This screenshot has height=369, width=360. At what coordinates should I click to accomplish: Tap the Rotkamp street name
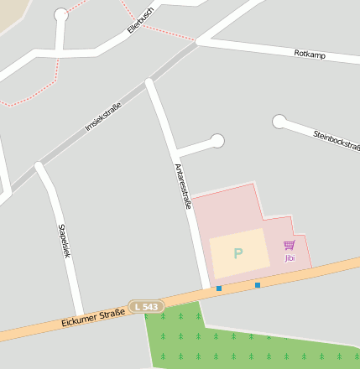click(310, 55)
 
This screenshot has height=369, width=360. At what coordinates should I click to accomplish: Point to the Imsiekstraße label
click(103, 117)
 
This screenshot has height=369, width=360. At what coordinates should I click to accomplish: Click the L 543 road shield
click(146, 308)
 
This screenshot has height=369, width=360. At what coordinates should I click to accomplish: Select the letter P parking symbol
click(238, 253)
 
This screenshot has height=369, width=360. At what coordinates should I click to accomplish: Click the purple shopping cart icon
click(290, 245)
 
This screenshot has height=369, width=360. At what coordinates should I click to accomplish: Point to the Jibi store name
click(290, 257)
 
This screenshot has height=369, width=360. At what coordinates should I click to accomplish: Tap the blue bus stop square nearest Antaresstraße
click(219, 288)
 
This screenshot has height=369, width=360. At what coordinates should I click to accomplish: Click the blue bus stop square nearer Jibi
click(258, 285)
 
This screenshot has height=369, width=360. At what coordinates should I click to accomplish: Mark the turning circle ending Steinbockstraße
click(279, 122)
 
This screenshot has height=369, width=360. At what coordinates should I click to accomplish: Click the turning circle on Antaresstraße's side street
click(217, 141)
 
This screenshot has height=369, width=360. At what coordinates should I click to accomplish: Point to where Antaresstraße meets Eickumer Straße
click(206, 294)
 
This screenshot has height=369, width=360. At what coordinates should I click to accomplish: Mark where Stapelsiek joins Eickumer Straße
click(80, 314)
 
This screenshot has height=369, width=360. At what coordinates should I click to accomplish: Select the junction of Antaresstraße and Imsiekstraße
click(149, 83)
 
